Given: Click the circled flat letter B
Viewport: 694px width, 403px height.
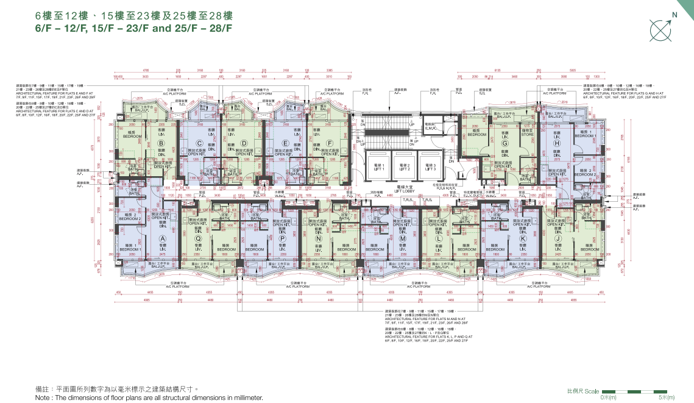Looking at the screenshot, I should click(x=161, y=144).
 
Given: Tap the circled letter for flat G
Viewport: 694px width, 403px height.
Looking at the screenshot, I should click(x=505, y=144).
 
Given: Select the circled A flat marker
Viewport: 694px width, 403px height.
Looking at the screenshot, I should click(x=163, y=239).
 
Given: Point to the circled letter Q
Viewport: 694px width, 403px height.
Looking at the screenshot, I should click(x=198, y=239).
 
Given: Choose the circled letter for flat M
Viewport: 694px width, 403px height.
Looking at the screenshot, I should click(x=402, y=239).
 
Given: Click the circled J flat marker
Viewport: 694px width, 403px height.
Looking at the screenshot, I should click(x=558, y=239).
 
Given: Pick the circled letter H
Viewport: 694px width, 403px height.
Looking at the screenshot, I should click(x=557, y=144).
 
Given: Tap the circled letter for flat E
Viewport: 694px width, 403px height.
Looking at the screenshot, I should click(x=286, y=144).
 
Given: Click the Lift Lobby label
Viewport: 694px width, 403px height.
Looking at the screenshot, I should click(x=404, y=190).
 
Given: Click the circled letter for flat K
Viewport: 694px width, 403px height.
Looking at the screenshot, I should click(x=522, y=239).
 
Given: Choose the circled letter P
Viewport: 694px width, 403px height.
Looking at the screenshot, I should click(x=282, y=239).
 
